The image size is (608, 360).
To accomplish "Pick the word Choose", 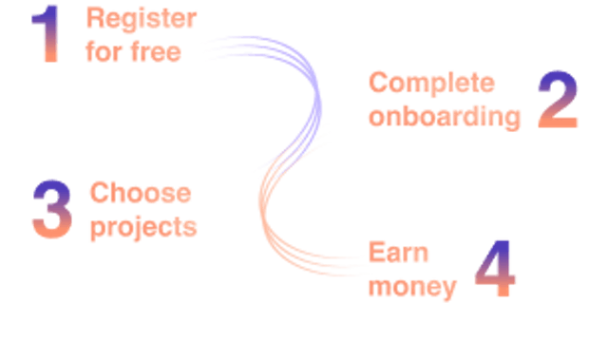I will coord(140,194).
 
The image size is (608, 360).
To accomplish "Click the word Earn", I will coord(399,252).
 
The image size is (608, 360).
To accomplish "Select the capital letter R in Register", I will coord(94,18).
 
